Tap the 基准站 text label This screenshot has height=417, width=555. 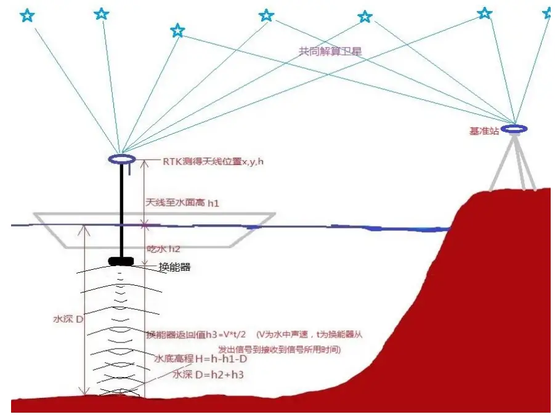pos(483,131)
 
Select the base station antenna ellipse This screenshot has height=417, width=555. pos(514,129)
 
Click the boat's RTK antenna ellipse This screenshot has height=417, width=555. pos(121,160)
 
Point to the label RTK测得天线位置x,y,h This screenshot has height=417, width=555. pos(204,161)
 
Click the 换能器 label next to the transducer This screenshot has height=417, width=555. pos(174,266)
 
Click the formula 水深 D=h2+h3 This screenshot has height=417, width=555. pos(203,374)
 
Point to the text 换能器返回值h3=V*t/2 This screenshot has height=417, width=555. pos(195,334)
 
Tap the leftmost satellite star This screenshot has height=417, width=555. pos(27,15)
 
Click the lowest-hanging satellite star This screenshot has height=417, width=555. pos(177,30)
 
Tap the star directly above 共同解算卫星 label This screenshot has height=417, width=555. pos(365,17)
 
